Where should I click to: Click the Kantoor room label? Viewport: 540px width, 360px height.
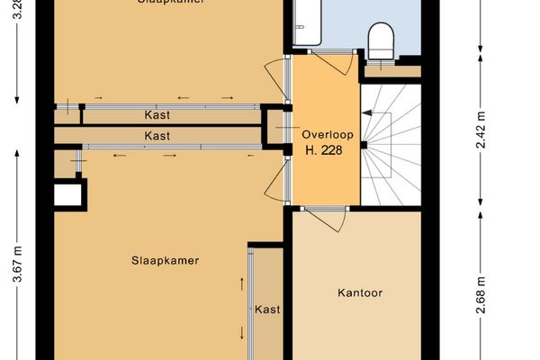[x=360, y=292]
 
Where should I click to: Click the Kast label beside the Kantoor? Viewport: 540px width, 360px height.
[x=267, y=309]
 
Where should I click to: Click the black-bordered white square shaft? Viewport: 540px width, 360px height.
[x=69, y=194]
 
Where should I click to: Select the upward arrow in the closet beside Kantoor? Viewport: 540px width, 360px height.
[x=241, y=284]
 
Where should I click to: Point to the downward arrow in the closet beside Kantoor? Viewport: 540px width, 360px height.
[x=241, y=333]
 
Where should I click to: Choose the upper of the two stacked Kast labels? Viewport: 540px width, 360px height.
[x=157, y=115]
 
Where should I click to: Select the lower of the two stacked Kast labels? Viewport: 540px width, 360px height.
[x=157, y=135]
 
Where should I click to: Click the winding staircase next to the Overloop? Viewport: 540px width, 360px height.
[x=391, y=144]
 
